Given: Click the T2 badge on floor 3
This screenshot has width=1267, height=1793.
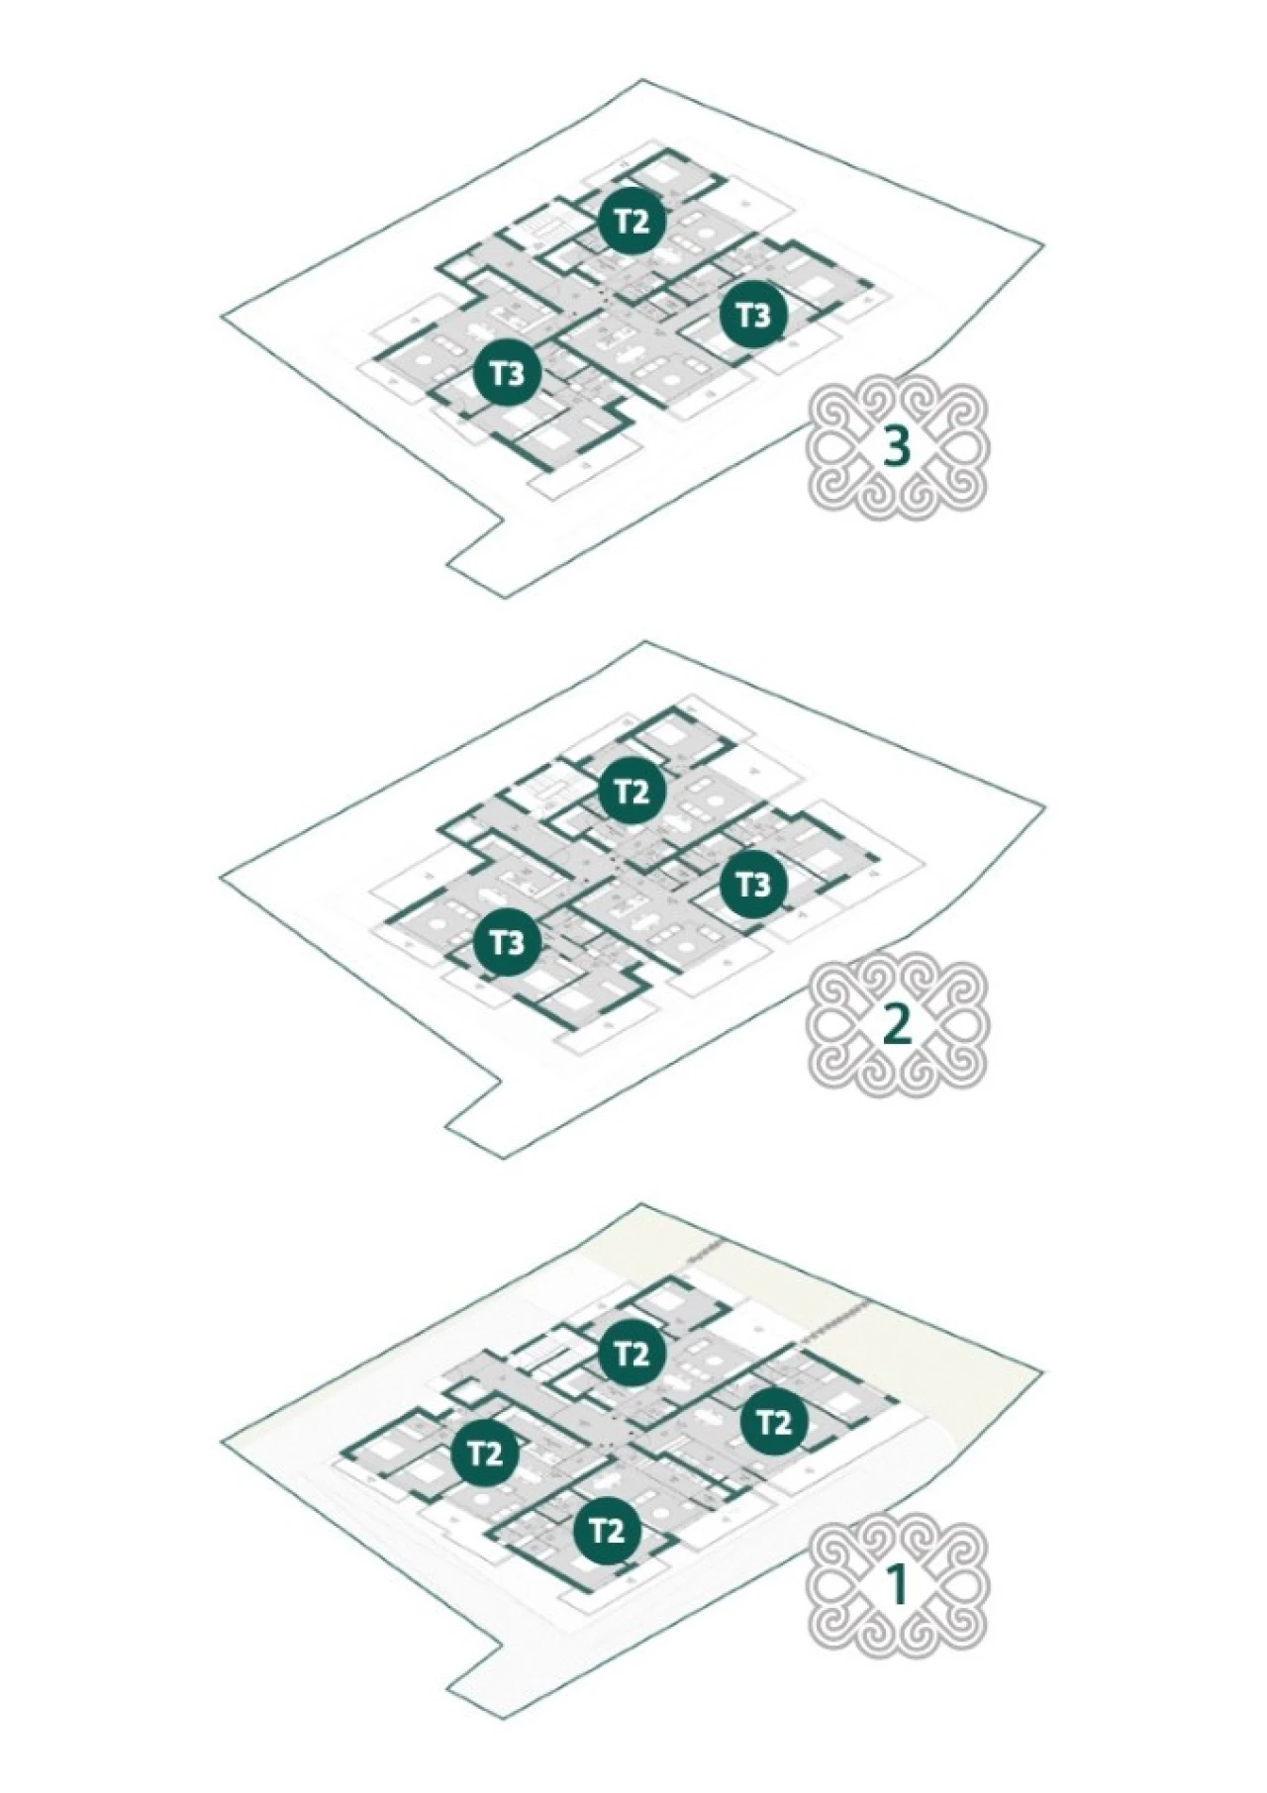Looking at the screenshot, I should [633, 220].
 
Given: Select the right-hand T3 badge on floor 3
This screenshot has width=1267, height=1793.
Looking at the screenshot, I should [753, 315].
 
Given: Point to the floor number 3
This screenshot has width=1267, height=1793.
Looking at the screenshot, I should [897, 446].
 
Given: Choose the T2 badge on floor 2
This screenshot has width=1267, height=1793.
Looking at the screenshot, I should [632, 791].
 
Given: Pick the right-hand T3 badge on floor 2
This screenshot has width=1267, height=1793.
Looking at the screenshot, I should [753, 883].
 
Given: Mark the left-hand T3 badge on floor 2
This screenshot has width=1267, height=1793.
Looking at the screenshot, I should [507, 942].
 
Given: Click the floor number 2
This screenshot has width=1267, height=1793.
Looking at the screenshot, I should [897, 1024].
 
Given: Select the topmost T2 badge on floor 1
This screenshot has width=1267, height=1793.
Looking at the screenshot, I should [632, 1353].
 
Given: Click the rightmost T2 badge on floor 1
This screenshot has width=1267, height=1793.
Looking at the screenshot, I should [774, 1422].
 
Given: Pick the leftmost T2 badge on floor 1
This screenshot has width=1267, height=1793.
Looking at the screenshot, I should [484, 1454].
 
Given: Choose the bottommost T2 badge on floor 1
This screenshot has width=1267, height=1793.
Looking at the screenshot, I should [607, 1530].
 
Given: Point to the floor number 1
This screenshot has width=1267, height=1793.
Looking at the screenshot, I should [897, 1584].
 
